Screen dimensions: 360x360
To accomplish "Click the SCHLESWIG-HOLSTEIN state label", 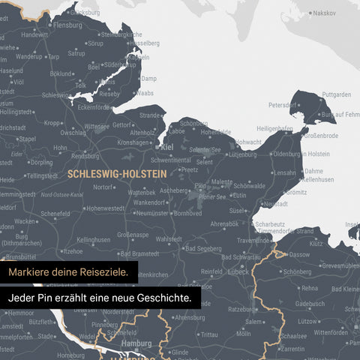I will pyautogui.click(x=116, y=172).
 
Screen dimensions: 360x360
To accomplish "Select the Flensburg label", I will pyautogui.click(x=67, y=24).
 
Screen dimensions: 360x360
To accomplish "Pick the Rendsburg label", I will pyautogui.click(x=88, y=155).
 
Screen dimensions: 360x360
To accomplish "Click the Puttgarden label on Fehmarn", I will pyautogui.click(x=335, y=94).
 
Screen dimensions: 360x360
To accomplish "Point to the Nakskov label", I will pyautogui.click(x=324, y=13).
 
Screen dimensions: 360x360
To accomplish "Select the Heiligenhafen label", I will pyautogui.click(x=274, y=128).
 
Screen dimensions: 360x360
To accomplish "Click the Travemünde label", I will pyautogui.click(x=253, y=240).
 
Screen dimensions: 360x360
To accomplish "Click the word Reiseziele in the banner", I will pyautogui.click(x=110, y=271).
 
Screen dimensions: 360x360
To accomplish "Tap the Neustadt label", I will pyautogui.click(x=277, y=204).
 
